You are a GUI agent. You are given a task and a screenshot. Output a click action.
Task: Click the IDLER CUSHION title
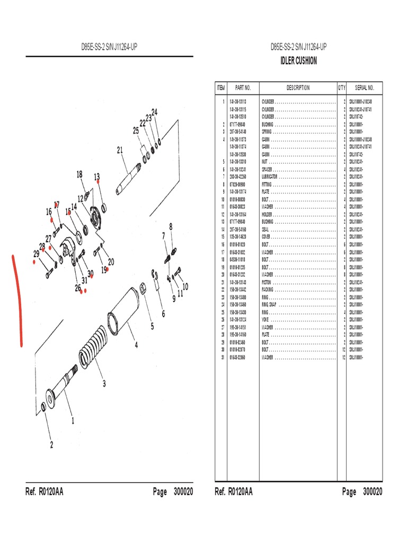(298, 61)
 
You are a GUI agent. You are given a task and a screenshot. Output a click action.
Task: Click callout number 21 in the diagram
(120, 150)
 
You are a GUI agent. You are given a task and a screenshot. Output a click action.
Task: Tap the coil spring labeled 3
(96, 353)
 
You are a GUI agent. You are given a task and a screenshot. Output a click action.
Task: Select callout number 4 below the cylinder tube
(136, 345)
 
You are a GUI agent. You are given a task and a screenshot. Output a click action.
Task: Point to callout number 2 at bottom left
(51, 445)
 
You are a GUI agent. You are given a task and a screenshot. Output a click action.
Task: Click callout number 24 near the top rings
(155, 112)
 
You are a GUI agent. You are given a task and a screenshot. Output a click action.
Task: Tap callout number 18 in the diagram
(79, 174)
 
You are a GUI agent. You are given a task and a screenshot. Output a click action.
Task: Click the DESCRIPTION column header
(298, 88)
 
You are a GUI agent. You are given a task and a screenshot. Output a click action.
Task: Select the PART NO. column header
(243, 88)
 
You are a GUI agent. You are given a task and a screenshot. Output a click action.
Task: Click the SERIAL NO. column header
(364, 88)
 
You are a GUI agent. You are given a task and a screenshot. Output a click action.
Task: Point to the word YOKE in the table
(266, 320)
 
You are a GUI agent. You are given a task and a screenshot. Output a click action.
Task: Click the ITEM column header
(221, 88)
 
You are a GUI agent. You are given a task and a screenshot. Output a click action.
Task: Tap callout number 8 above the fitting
(171, 226)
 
